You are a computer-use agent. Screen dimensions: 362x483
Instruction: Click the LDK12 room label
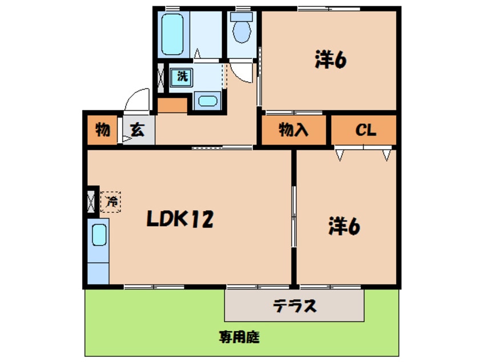coord(180,218)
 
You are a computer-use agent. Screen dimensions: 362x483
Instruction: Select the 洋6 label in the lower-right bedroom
coord(344,227)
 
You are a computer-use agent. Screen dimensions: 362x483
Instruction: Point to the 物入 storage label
coord(294,131)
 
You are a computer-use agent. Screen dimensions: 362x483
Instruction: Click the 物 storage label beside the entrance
coord(103,130)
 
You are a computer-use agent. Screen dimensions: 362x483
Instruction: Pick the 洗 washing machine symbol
coord(182,76)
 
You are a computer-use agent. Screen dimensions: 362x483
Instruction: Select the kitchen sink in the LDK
coord(99,235)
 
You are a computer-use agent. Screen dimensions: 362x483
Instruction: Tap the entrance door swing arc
coord(135,99)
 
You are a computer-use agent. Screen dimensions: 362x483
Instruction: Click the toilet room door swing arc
coord(243,73)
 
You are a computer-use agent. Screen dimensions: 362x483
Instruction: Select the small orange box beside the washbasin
coord(171,105)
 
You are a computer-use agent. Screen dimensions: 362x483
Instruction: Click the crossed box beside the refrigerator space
coord(91,201)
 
